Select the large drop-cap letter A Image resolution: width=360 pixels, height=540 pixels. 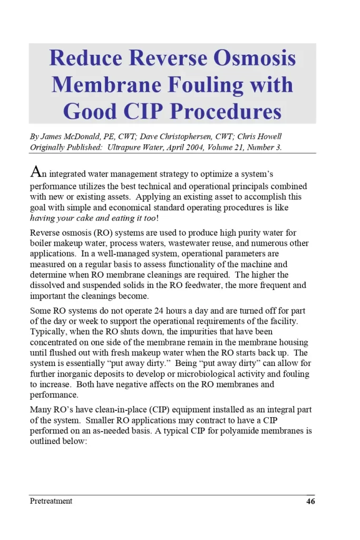[35, 172]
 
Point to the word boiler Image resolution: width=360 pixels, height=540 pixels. [42, 244]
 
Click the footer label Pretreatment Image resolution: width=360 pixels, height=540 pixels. [51, 501]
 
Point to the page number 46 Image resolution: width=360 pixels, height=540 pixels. [310, 502]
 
